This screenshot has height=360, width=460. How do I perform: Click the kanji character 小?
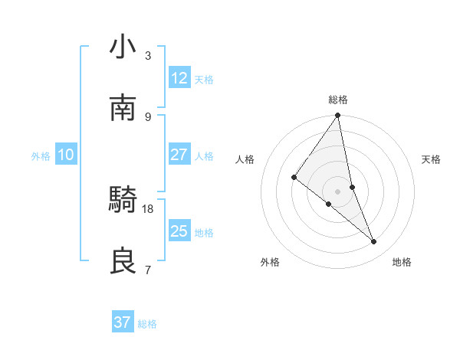[x=123, y=47]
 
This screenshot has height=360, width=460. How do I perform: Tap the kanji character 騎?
[x=123, y=201]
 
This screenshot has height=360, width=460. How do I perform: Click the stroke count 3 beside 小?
[x=148, y=56]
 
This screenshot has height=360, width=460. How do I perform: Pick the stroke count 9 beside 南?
[x=148, y=116]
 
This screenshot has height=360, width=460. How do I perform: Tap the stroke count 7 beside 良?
[x=148, y=270]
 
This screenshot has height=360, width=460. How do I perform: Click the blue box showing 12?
[x=179, y=78]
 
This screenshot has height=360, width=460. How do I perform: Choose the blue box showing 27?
[x=179, y=155]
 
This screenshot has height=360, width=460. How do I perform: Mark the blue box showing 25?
[x=179, y=231]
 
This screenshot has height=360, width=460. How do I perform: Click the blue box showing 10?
[x=66, y=155]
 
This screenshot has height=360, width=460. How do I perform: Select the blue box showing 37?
[x=123, y=322]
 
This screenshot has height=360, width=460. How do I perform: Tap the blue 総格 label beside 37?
[x=147, y=324]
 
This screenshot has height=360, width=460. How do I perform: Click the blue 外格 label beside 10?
[x=41, y=156]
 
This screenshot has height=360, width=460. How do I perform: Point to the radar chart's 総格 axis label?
[x=338, y=100]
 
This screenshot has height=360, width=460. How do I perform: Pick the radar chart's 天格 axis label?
[x=432, y=159]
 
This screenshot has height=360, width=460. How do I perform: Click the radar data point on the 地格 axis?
[x=374, y=242]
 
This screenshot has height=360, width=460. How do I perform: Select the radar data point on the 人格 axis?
[x=294, y=178]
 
